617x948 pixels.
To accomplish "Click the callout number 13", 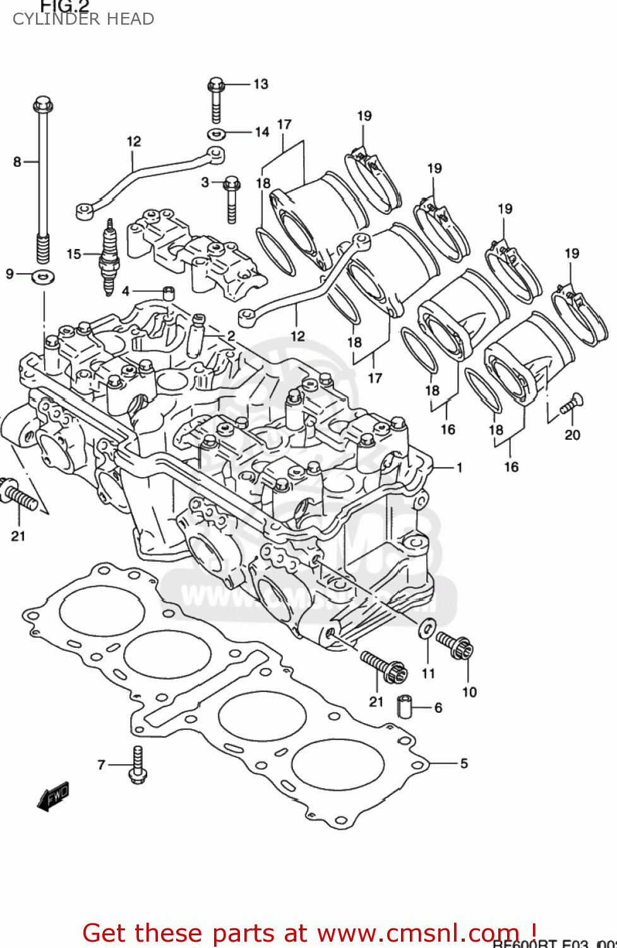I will point(261,84).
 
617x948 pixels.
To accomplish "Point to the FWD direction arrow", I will point(53,795).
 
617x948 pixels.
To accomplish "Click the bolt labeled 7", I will point(138,765).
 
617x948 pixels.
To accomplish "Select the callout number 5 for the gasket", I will point(464,763).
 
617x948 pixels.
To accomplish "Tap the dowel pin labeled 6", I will point(404,707).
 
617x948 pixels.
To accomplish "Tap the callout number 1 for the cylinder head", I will point(459,468).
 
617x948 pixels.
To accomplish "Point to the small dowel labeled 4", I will point(169,293).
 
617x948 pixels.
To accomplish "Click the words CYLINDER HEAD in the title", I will point(83,19).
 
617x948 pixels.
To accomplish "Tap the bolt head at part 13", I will point(216,83).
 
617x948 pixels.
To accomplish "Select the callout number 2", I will point(231,336).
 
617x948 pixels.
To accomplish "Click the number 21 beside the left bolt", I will point(18,536).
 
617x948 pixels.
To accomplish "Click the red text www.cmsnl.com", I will point(417,933).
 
